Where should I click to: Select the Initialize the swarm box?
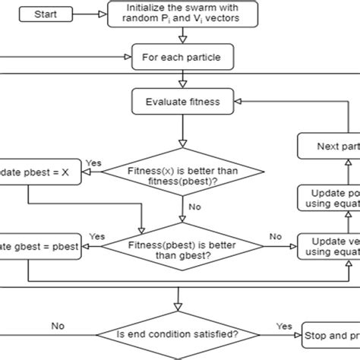[x=182, y=14]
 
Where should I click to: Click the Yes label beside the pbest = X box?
[x=95, y=163]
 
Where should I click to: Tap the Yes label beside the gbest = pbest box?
[x=97, y=237]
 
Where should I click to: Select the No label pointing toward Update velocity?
[x=275, y=235]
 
